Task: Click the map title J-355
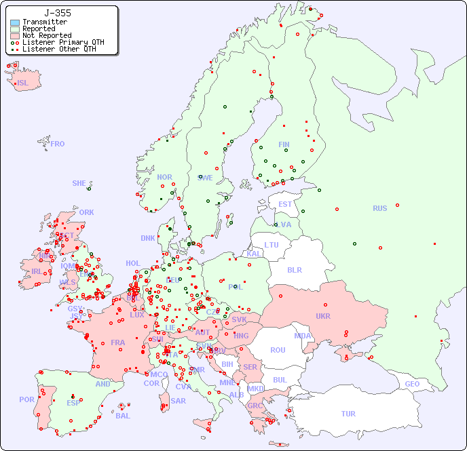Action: tap(57, 13)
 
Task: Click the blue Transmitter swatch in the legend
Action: tap(15, 22)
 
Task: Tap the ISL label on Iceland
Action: tap(23, 83)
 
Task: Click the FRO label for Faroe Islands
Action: tap(58, 144)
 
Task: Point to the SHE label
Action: tap(79, 183)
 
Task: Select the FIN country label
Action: tap(284, 144)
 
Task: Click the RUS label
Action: tap(379, 208)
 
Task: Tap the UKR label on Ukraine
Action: tap(322, 316)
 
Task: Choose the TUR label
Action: tap(348, 414)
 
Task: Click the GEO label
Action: tap(412, 384)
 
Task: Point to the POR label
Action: tap(26, 399)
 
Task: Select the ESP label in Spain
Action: tap(73, 402)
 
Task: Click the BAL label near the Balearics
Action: tap(123, 416)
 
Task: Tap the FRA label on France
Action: tap(118, 342)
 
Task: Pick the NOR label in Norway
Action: tap(164, 177)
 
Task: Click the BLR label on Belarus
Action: tap(295, 269)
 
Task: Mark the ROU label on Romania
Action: tap(278, 350)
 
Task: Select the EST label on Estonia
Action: tap(285, 204)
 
